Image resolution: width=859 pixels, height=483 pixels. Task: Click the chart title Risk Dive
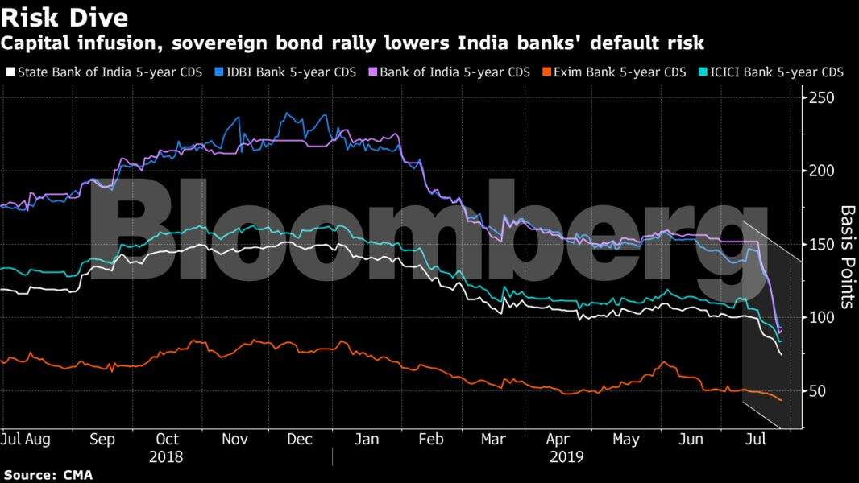[x=65, y=16]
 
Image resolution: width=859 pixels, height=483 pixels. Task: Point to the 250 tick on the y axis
[x=823, y=98]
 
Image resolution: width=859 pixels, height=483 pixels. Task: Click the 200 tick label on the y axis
[x=823, y=171]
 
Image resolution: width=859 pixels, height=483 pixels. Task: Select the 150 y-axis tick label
[x=823, y=244]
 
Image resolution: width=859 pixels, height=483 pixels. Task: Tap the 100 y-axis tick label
[x=823, y=317]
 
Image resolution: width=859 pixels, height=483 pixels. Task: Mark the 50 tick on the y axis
[x=819, y=390]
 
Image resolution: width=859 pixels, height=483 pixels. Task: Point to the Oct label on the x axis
[x=167, y=440]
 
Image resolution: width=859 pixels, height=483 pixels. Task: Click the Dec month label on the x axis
[x=299, y=440]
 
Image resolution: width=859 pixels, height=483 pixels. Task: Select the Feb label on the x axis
[x=431, y=440]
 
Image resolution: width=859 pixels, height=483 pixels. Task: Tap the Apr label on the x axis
[x=558, y=440]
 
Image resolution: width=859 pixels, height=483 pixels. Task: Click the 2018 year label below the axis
[x=166, y=456]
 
